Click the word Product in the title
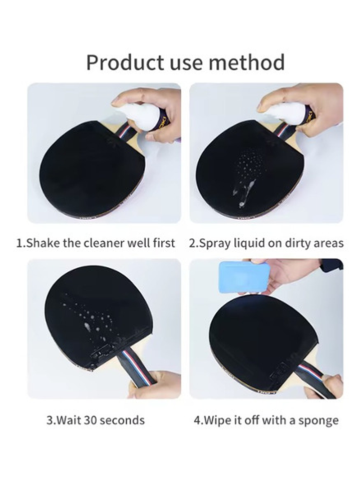tap(126, 62)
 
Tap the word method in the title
tap(247, 62)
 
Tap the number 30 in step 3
tap(90, 420)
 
